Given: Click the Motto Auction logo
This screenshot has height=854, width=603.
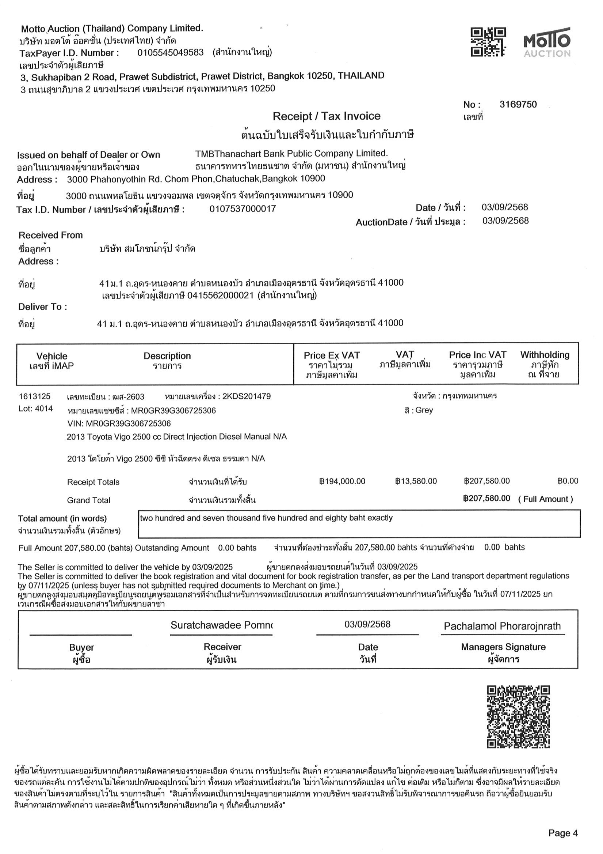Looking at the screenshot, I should [546, 42].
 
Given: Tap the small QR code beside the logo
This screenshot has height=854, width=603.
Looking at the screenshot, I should [488, 42].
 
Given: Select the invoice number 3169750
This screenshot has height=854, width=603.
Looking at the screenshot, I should [518, 105].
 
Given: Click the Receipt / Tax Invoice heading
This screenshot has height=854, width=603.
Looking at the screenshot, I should [326, 116].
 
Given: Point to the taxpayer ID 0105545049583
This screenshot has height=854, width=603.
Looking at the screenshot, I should [171, 52].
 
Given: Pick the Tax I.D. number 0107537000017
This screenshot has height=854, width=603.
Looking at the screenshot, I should [243, 209].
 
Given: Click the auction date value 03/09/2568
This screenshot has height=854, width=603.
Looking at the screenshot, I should [505, 221].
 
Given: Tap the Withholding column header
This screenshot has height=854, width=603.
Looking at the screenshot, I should [544, 355].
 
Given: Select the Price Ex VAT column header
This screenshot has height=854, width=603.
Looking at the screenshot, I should [331, 356].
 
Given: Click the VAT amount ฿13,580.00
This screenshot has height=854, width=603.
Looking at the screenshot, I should [416, 481].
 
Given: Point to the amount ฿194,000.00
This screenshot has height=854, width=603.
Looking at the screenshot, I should [342, 481].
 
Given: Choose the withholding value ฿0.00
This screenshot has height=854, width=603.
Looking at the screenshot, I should [567, 481].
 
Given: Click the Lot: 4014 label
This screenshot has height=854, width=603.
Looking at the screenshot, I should [36, 409].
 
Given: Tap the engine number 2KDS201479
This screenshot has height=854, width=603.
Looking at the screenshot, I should [246, 396].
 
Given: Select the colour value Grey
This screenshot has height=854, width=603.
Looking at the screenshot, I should [424, 410].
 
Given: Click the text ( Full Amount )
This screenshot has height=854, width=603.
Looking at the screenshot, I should [545, 499].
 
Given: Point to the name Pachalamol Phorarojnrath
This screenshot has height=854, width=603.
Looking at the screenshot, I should [502, 627].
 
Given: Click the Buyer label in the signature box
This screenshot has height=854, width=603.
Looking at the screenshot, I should [81, 648].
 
